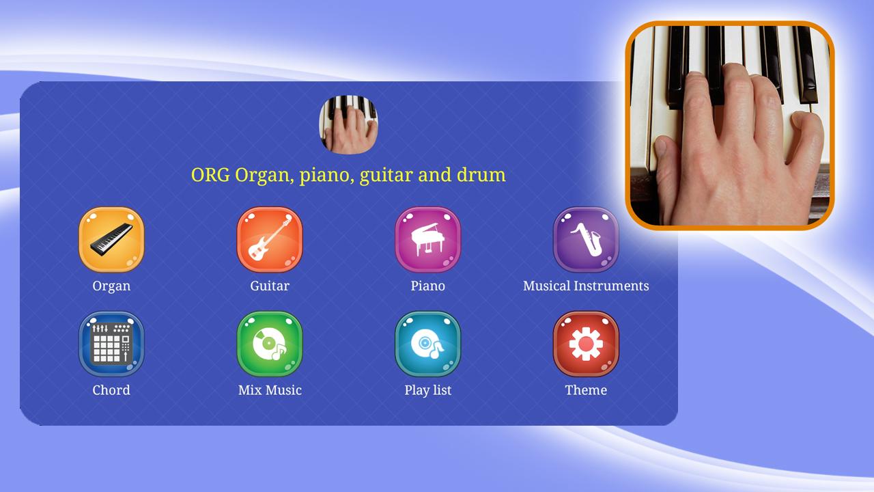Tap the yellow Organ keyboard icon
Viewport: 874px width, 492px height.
(x=111, y=239)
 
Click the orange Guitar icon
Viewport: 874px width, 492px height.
(x=270, y=239)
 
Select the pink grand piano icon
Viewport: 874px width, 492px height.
(x=427, y=239)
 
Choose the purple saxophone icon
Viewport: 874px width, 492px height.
(x=586, y=239)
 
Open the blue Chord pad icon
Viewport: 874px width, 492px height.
(x=111, y=344)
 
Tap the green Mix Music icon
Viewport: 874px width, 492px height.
(x=270, y=344)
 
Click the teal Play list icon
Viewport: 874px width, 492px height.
(x=427, y=344)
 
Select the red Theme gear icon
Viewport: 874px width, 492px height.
(x=586, y=344)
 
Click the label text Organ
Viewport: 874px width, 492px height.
(x=111, y=286)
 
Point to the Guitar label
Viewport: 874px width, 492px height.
(x=270, y=286)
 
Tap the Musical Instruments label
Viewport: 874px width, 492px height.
(x=586, y=286)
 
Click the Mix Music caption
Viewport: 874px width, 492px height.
(x=270, y=390)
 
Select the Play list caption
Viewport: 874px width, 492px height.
(x=427, y=390)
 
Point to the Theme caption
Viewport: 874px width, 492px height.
(x=586, y=390)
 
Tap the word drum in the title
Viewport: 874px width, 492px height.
(x=481, y=174)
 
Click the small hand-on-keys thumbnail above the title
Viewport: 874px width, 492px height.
(x=348, y=124)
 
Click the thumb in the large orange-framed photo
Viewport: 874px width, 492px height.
(x=665, y=164)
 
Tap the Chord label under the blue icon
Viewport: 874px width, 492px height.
(x=111, y=390)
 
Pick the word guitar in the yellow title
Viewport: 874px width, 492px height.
(x=386, y=176)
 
